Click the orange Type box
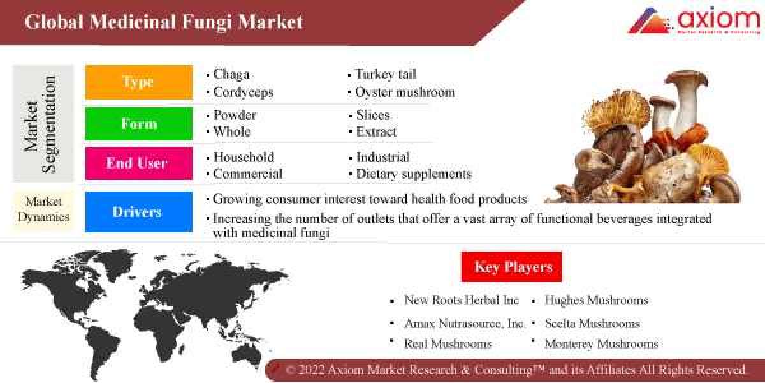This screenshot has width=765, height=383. pos(138,82)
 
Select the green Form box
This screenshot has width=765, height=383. pos(138,124)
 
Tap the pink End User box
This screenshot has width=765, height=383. pos(138,163)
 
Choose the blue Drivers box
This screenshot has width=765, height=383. pos(138,212)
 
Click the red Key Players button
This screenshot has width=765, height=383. pos(512,267)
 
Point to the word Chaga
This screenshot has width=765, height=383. pos(231,75)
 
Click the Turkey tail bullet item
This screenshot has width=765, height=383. pos(385,75)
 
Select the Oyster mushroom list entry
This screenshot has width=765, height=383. pos(405,92)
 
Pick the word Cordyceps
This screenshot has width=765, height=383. pos(243,92)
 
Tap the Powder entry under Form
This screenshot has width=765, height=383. pos(235,116)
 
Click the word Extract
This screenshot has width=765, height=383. pos(376,132)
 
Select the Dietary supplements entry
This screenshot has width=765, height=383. pos(413,174)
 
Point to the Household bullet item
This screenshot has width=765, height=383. pos(244,157)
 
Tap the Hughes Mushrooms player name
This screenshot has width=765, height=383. pos(596,300)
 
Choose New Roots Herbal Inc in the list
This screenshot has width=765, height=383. pos(462,300)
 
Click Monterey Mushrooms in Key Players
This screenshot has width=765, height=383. pos(601,343)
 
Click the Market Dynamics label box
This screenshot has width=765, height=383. pos(43,209)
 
